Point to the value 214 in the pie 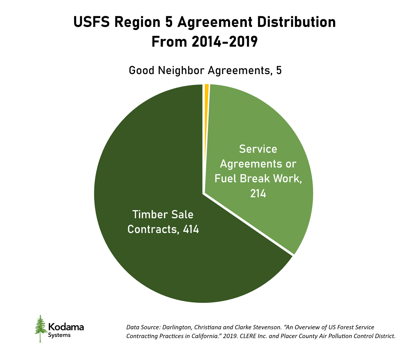258,194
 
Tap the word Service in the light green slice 258,149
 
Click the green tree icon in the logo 40,328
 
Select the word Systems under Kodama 59,335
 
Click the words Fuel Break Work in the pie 258,179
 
